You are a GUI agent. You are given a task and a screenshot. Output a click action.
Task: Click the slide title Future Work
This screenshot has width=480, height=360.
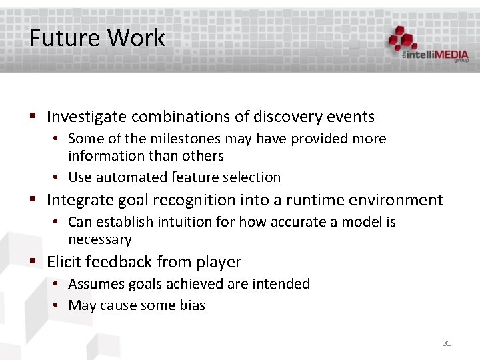point(97,38)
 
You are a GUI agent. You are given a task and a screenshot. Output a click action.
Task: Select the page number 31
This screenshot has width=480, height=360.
point(447,343)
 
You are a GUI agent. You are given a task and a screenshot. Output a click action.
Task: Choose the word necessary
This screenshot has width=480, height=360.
point(99,239)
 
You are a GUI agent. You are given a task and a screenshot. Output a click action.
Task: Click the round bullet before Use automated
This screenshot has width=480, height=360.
point(58,178)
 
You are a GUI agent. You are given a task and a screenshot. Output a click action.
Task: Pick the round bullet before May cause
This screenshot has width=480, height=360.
point(58,306)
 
